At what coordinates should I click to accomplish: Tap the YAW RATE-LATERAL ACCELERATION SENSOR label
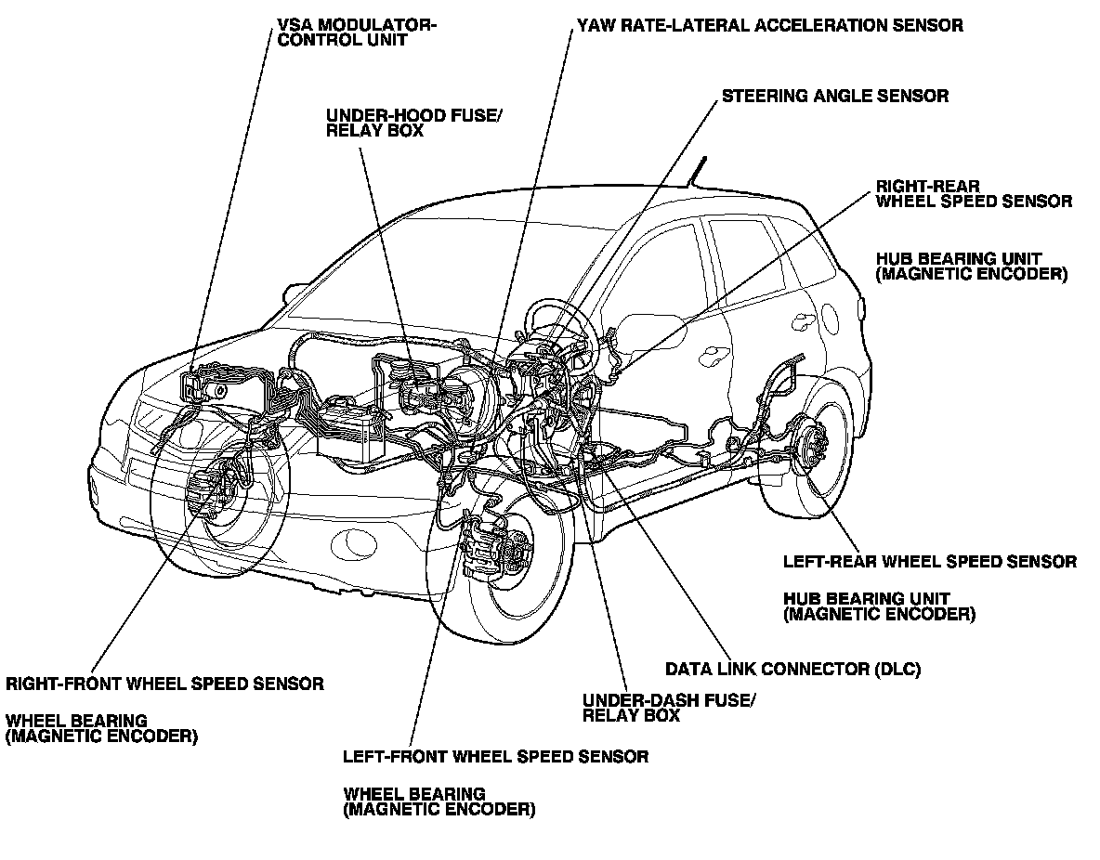tap(769, 26)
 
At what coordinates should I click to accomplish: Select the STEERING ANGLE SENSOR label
tap(835, 96)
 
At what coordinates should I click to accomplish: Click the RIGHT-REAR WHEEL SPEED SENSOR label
tap(974, 193)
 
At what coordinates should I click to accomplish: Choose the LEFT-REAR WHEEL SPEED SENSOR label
tap(929, 562)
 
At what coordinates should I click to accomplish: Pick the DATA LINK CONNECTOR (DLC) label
tap(792, 669)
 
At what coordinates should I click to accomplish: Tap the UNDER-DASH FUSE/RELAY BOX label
tap(668, 708)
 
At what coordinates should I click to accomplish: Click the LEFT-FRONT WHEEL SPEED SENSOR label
tap(495, 756)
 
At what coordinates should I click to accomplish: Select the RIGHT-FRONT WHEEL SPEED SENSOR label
tap(165, 684)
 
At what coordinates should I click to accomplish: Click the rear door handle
tap(716, 353)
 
